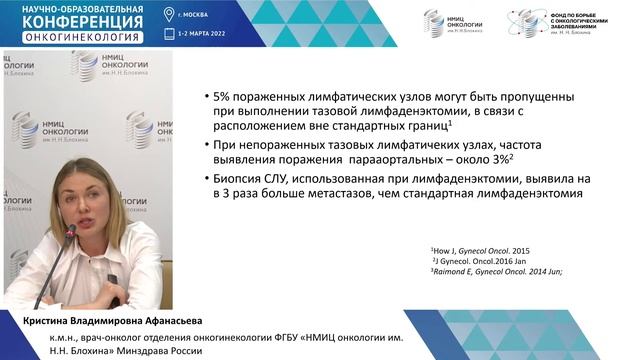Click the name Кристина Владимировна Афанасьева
point(103,321)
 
